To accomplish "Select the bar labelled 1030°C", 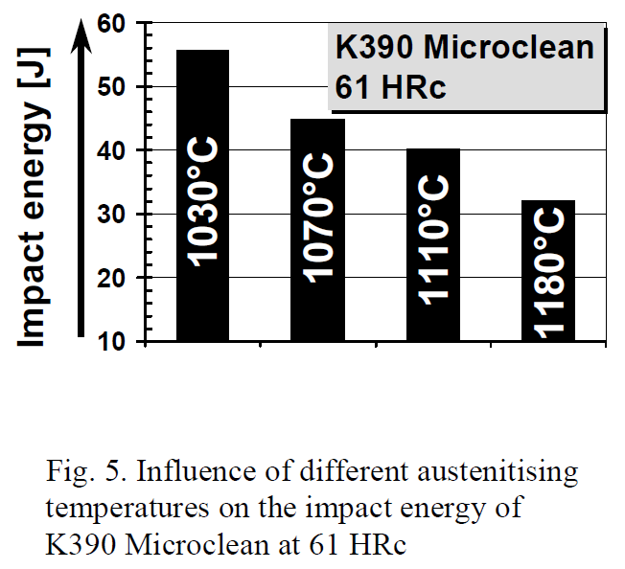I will [202, 196].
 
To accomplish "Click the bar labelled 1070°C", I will [317, 230].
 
